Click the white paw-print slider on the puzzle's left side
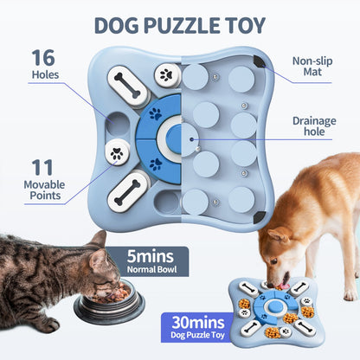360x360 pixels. point(116,154)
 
